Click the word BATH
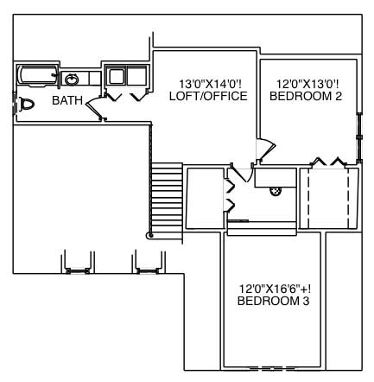pyautogui.click(x=67, y=101)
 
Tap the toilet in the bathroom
pyautogui.click(x=25, y=104)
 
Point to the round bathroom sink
pyautogui.click(x=71, y=80)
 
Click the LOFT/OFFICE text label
pyautogui.click(x=208, y=96)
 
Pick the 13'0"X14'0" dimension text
pyautogui.click(x=208, y=84)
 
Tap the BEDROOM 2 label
pyautogui.click(x=306, y=96)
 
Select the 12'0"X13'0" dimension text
pyautogui.click(x=306, y=84)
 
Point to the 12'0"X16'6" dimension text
pyautogui.click(x=273, y=288)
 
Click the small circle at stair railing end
pyautogui.click(x=150, y=234)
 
